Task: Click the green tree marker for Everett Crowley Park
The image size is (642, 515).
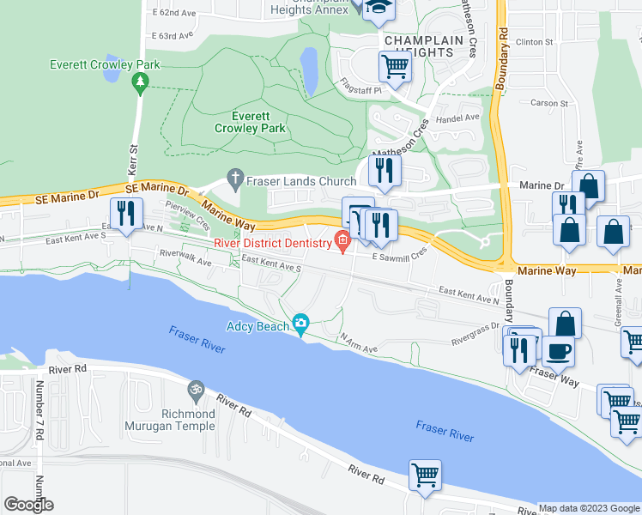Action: tap(140, 82)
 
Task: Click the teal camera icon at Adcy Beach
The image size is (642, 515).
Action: tap(300, 323)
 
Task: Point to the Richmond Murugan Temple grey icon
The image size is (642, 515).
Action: tap(196, 389)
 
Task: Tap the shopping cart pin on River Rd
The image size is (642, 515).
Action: tap(427, 475)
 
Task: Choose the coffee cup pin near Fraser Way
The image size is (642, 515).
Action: tap(558, 350)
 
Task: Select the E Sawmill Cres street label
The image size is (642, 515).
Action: tap(399, 256)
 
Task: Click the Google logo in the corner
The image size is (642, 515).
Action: tap(28, 505)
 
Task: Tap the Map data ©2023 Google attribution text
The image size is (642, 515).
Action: tap(589, 508)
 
